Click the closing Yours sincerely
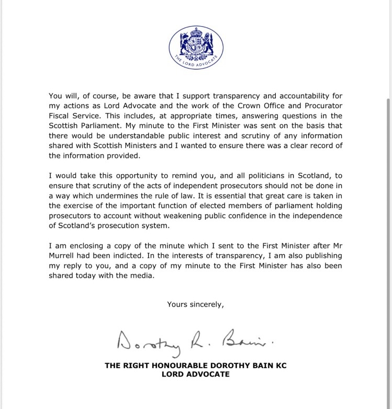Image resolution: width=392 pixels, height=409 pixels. click(x=195, y=304)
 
